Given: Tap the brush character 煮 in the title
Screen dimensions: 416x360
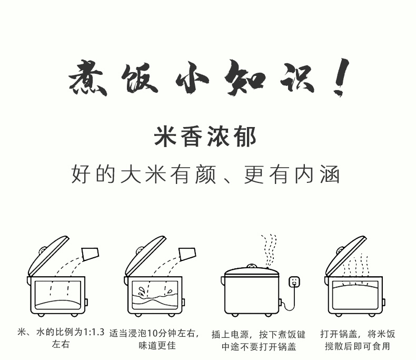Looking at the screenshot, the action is click(88, 77).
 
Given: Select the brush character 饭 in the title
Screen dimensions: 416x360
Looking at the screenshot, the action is click(139, 79).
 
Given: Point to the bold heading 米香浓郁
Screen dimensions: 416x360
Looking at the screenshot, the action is click(205, 137).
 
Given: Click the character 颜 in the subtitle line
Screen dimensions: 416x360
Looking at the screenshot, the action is click(205, 174).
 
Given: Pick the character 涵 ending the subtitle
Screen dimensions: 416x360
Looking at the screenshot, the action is click(330, 174).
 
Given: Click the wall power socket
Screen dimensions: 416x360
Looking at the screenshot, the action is click(294, 281).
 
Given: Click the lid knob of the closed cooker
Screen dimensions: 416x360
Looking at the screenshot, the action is click(251, 266).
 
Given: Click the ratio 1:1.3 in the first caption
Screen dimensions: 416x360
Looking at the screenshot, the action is click(94, 332).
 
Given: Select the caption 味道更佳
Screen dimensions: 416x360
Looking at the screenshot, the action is click(157, 345).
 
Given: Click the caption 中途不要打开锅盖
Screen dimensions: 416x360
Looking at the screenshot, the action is click(259, 346).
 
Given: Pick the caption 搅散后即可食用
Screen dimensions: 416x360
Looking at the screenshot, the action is click(358, 346).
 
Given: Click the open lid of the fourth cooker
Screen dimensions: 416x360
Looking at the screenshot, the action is click(345, 255).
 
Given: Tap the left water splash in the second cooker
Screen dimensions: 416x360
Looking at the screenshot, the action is click(141, 290).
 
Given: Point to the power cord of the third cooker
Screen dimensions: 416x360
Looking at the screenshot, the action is click(291, 299).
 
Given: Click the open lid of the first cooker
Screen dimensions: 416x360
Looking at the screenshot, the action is click(48, 256).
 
